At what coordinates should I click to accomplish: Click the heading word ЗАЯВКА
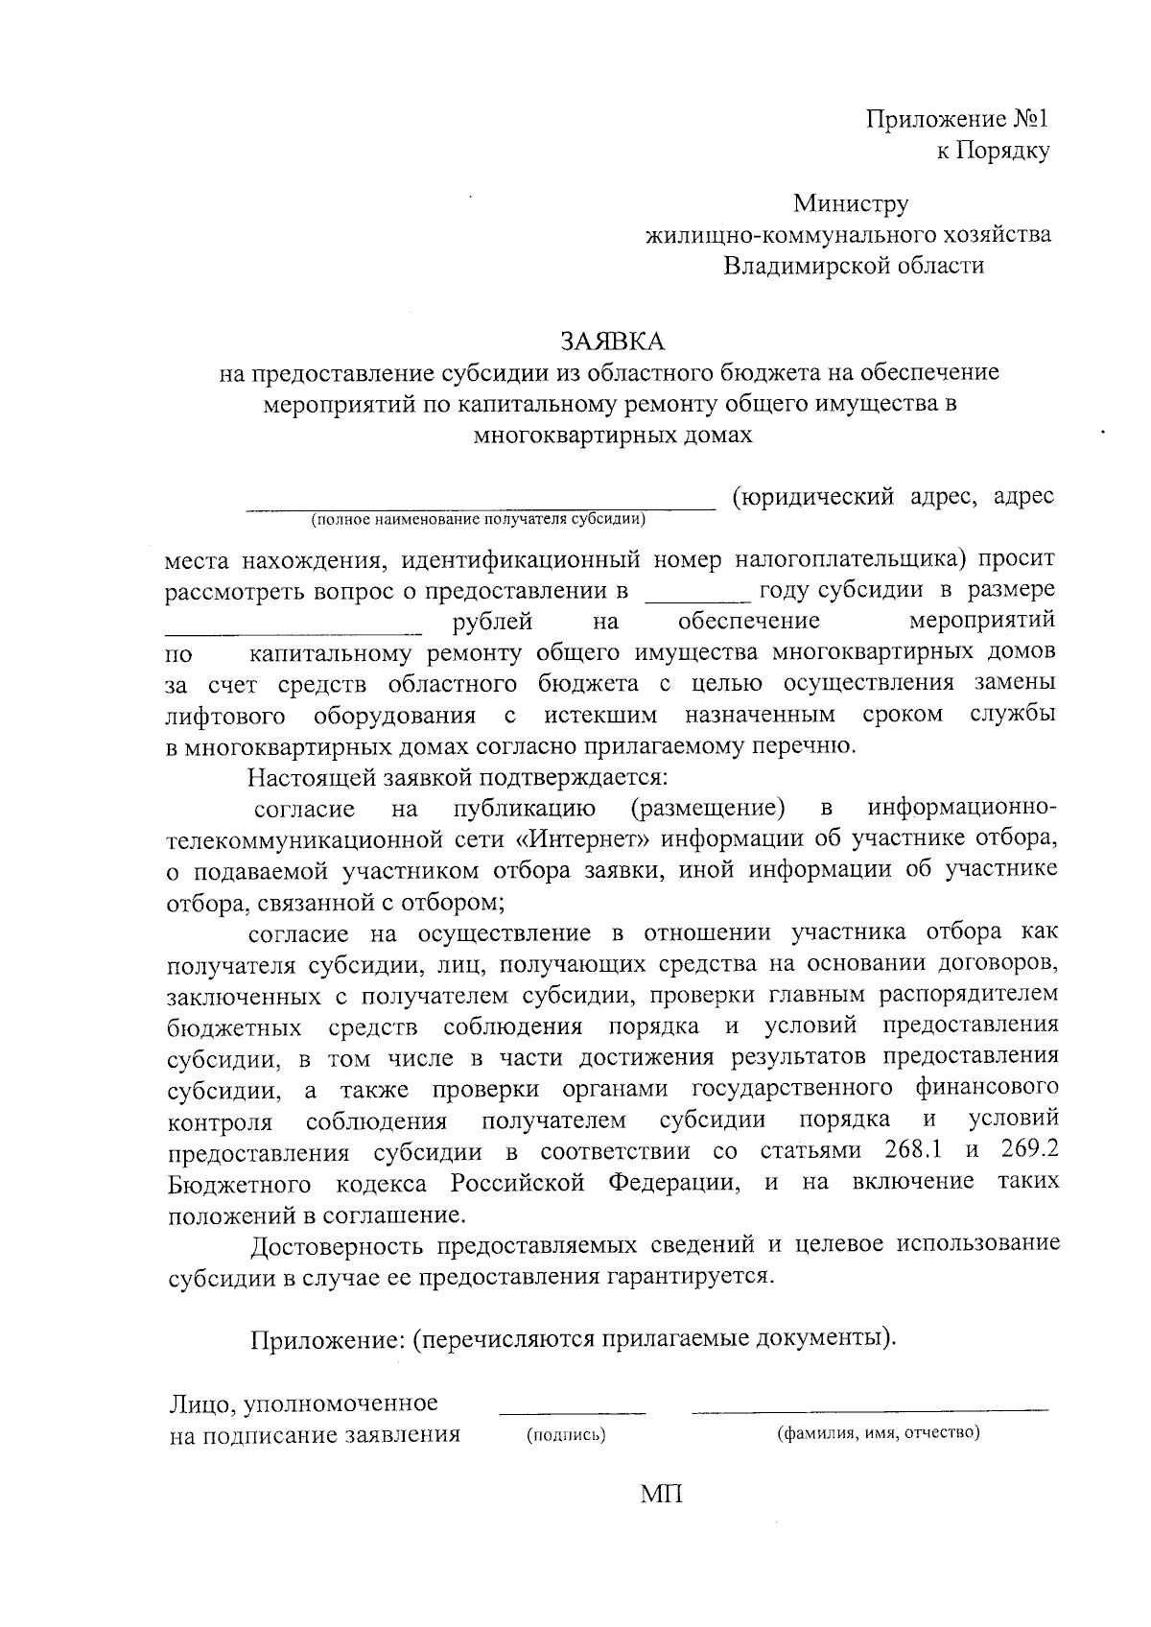click(x=611, y=341)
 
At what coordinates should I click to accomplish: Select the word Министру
click(x=850, y=203)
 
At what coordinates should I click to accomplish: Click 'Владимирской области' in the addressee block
click(x=854, y=266)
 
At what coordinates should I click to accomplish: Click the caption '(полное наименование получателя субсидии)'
click(x=477, y=520)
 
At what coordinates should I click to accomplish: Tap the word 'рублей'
click(x=491, y=622)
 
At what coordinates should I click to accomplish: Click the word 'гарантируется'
click(x=687, y=1277)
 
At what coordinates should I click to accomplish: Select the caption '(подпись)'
click(x=567, y=1436)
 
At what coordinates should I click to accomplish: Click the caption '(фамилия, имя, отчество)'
click(x=877, y=1434)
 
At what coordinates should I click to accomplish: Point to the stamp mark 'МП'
click(x=663, y=1494)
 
